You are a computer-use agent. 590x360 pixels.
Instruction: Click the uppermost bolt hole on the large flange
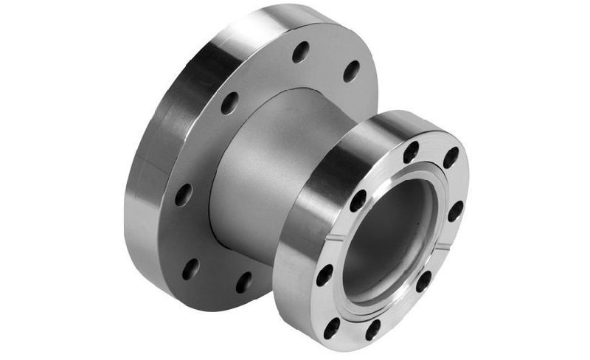301,52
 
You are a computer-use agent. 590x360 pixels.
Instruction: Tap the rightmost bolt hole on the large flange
352,71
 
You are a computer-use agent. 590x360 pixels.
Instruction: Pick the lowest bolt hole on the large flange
244,282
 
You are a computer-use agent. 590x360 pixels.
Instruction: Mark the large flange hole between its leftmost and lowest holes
191,269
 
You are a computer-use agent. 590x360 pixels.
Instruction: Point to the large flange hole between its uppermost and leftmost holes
229,103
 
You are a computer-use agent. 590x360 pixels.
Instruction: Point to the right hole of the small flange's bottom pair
373,329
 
